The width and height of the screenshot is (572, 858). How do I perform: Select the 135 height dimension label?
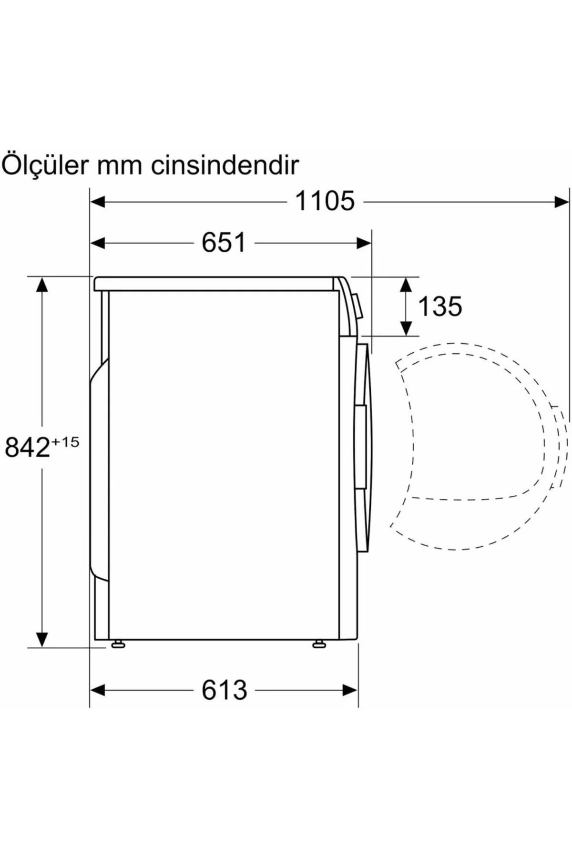pyautogui.click(x=439, y=306)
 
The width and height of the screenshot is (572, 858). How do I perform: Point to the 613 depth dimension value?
pyautogui.click(x=224, y=690)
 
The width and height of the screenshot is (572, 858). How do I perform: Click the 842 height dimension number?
pyautogui.click(x=27, y=447)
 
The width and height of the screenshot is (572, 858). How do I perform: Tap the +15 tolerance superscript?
pyautogui.click(x=65, y=442)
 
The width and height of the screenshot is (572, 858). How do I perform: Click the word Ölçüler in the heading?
pyautogui.click(x=45, y=164)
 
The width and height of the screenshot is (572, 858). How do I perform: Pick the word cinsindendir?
pyautogui.click(x=225, y=164)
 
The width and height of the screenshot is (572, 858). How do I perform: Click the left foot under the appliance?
pyautogui.click(x=118, y=644)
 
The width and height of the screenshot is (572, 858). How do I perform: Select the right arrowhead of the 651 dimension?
pyautogui.click(x=364, y=243)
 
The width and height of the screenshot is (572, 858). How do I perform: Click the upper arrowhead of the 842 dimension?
pyautogui.click(x=42, y=285)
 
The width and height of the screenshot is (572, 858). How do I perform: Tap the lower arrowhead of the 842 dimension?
pyautogui.click(x=42, y=639)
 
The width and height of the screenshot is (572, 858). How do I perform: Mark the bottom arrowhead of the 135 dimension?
pyautogui.click(x=406, y=328)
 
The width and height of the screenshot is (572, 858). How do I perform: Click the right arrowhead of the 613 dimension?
pyautogui.click(x=350, y=690)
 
